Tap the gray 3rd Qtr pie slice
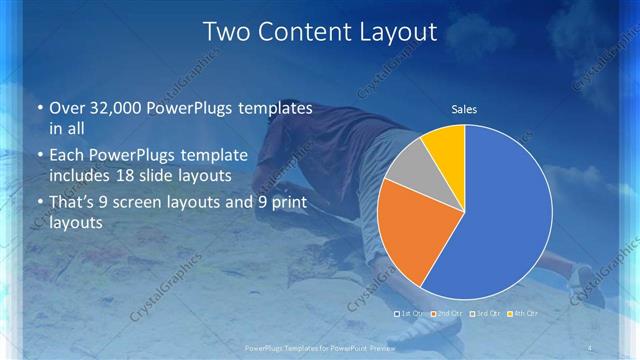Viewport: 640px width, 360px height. coord(409,167)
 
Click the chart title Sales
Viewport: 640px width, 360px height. coord(464,108)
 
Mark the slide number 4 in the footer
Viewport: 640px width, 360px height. coord(592,347)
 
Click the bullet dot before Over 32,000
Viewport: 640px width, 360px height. coord(38,108)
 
